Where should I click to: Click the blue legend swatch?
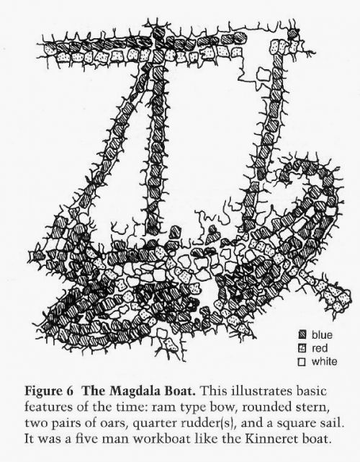pyautogui.click(x=302, y=335)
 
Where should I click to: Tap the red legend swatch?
pyautogui.click(x=302, y=348)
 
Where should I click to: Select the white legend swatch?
pyautogui.click(x=302, y=362)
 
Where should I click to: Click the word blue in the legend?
pyautogui.click(x=322, y=335)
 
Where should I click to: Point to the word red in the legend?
pyautogui.click(x=320, y=349)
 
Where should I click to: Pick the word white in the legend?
pyautogui.click(x=325, y=362)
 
